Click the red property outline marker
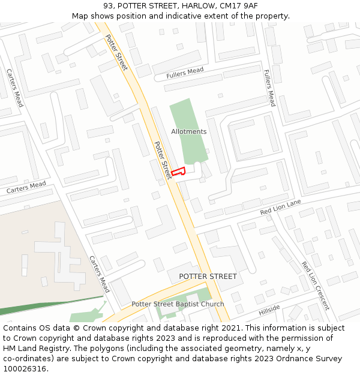pos(178,171)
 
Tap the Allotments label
pos(188,131)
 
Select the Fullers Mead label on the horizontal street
pos(185,73)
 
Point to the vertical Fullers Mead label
pos(269,88)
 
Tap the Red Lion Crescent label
pos(315,285)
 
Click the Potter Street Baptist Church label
pos(178,304)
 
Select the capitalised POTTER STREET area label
pos(208,277)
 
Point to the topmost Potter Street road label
pos(116,53)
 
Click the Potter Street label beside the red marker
pos(163,160)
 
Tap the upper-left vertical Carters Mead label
pos(14,88)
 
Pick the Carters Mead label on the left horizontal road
pos(26,187)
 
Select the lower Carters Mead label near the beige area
pos(100,274)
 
